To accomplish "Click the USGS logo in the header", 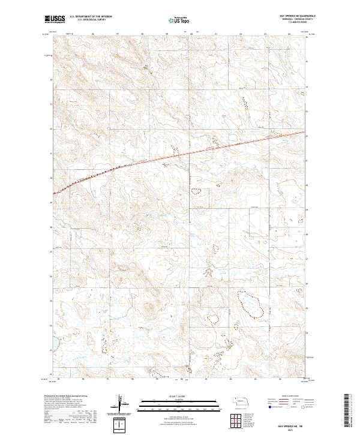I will pos(55,20).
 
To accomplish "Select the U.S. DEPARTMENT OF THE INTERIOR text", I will pos(89,17).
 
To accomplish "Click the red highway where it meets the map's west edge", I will pos(54,194).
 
